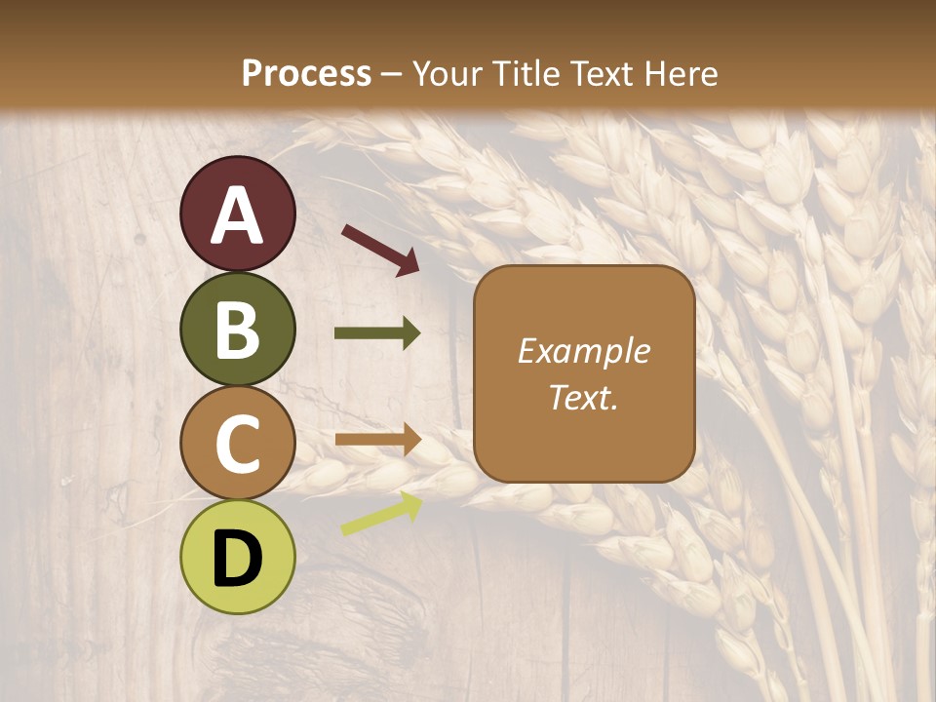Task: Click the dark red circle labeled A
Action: (x=238, y=214)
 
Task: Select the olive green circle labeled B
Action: (x=238, y=329)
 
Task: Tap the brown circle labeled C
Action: (x=238, y=443)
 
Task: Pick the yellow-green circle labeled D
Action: (x=238, y=557)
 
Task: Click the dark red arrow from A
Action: (x=380, y=249)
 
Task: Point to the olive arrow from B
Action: (x=377, y=333)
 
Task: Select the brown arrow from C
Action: (x=377, y=440)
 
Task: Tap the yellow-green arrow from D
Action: (x=381, y=514)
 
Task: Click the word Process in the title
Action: (x=306, y=74)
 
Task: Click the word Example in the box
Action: (x=584, y=351)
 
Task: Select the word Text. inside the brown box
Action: (x=584, y=397)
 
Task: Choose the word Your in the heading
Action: (x=448, y=74)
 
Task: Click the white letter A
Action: (x=238, y=215)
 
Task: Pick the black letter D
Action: (x=238, y=559)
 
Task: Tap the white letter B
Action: (x=238, y=330)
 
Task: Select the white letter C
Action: (x=238, y=444)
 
